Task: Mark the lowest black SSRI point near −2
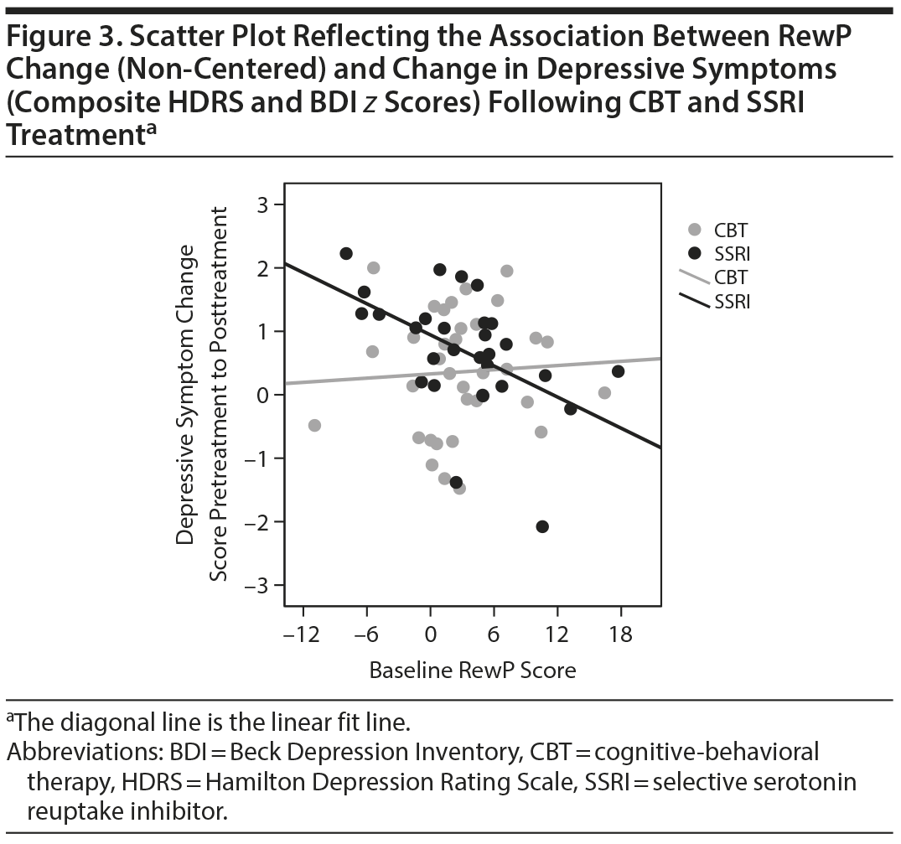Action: (x=542, y=526)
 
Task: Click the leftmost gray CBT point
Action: (x=315, y=425)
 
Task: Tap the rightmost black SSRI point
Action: (x=619, y=371)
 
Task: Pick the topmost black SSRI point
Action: (x=346, y=253)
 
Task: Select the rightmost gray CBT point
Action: (x=604, y=392)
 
